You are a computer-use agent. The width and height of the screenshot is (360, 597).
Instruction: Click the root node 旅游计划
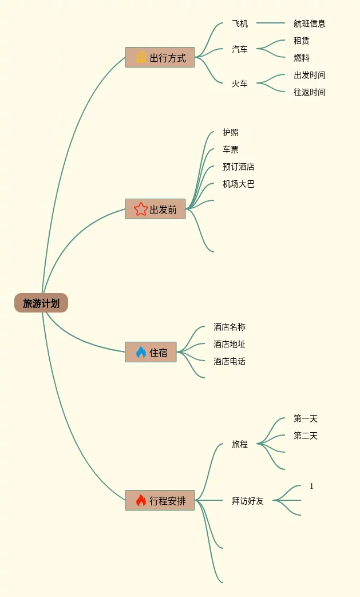[41, 303]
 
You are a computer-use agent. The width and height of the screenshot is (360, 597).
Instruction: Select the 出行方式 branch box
[160, 58]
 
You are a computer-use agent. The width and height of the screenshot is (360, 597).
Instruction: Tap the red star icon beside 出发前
[141, 209]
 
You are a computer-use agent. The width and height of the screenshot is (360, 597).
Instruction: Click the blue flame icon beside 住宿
[141, 353]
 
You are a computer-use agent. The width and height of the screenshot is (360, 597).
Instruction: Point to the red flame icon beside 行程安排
[141, 501]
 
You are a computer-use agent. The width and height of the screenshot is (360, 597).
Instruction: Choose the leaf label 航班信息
[310, 23]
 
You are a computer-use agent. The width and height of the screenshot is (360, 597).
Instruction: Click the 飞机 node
[240, 23]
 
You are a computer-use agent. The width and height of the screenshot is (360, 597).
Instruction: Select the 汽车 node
[240, 49]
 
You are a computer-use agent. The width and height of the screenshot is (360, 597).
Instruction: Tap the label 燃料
[302, 58]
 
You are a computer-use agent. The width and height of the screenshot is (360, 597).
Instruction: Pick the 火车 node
[240, 84]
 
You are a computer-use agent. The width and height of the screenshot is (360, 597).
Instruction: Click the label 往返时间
[310, 92]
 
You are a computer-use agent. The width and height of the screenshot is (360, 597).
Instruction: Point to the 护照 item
[231, 132]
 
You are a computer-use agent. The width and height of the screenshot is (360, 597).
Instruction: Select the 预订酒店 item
[239, 167]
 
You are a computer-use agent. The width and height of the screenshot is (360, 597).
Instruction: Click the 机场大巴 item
[239, 184]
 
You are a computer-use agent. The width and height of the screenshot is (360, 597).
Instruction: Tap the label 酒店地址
[230, 344]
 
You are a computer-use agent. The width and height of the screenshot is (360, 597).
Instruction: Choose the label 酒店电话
[230, 361]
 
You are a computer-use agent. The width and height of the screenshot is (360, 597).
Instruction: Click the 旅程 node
[240, 444]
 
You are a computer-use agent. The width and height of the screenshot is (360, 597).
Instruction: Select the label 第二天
[306, 436]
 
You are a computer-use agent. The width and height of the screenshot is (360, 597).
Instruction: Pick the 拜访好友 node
[248, 501]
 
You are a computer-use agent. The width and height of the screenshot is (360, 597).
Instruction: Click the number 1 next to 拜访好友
[311, 486]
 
